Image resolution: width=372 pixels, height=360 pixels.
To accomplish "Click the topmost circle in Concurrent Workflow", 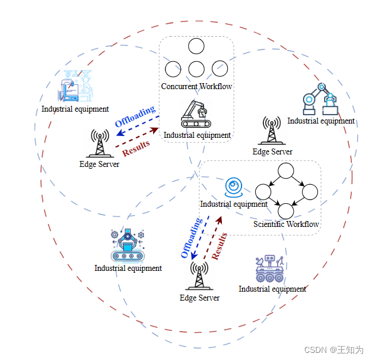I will point(196,46).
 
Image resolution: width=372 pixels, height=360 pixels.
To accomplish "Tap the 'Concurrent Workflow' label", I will point(196,87).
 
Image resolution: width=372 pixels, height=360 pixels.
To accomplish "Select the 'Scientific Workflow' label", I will point(286,224).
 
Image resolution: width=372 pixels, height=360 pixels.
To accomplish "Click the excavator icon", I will point(195,113).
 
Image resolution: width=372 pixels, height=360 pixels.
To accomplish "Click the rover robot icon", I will point(270,269).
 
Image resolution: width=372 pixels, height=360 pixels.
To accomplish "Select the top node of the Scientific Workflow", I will point(286,171).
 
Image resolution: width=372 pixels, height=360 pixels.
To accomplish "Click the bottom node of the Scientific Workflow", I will point(286,210).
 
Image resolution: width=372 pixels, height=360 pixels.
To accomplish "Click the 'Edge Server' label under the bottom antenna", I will point(199,298).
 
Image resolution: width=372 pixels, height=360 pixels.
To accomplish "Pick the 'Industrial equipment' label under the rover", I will point(272,289).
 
